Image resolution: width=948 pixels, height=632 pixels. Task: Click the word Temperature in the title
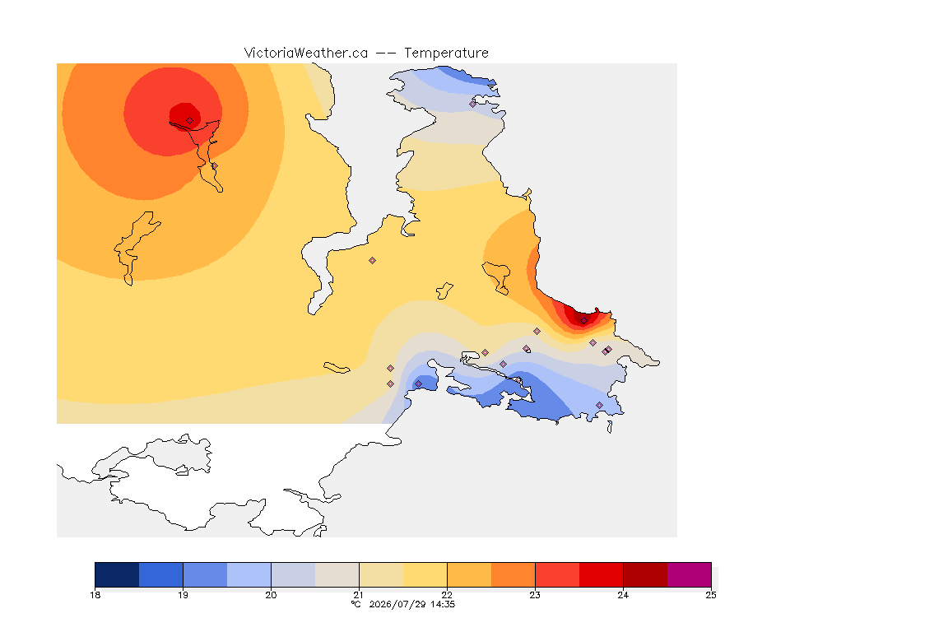446,53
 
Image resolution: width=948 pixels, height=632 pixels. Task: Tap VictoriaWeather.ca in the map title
306,53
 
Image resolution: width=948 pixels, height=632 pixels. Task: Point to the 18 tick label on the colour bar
95,595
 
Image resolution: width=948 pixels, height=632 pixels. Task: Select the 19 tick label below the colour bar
183,595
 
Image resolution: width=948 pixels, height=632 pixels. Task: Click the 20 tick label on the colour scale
271,595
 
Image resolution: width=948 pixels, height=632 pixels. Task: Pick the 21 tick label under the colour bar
359,595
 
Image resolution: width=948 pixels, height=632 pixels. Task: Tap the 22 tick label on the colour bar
447,595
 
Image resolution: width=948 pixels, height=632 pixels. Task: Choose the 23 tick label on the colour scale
535,595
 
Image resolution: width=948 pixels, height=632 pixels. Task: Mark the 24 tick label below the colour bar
623,595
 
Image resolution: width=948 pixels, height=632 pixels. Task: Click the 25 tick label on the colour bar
711,595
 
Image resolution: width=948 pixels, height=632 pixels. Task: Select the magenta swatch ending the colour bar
690,574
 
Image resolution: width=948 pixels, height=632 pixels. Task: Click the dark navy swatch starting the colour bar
118,574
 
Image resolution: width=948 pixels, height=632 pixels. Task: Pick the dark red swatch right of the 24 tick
645,574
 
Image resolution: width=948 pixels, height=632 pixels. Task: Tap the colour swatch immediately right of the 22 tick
469,574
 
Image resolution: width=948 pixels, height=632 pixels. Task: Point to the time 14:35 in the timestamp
443,604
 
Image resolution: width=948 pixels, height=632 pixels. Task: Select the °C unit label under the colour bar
356,604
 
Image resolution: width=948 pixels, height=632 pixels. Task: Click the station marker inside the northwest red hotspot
190,121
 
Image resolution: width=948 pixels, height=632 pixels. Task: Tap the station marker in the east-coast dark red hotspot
583,321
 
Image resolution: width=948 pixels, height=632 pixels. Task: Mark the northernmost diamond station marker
473,104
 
